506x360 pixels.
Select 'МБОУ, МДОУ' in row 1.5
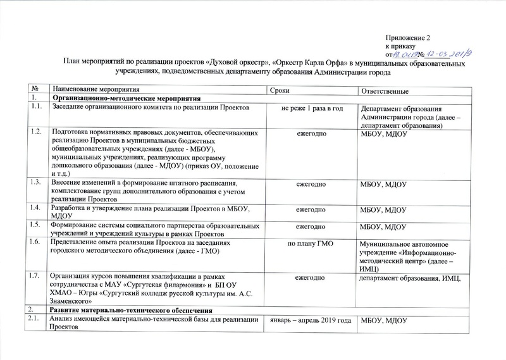click(x=383, y=226)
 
